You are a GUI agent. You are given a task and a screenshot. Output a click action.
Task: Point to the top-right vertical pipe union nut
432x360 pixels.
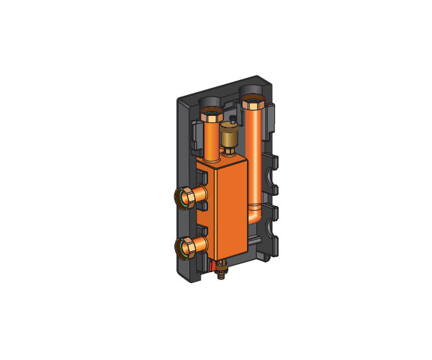pyautogui.click(x=253, y=102)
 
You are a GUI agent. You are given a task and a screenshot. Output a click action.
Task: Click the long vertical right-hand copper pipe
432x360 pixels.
pyautogui.click(x=258, y=158)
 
